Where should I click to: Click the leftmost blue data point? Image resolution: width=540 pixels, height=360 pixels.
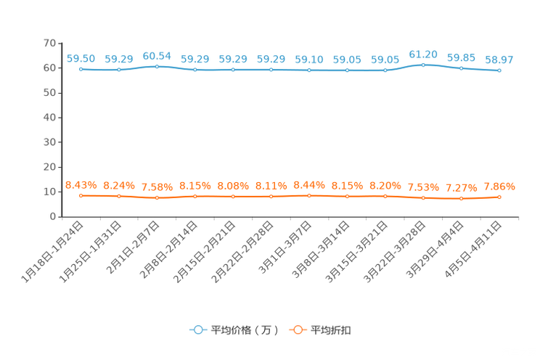coord(81,70)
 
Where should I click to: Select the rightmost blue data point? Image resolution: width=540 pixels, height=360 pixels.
coord(499,70)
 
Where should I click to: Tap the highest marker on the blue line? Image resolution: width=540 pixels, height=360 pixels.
coord(423,65)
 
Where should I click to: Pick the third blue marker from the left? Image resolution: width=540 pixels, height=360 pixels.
coord(157,67)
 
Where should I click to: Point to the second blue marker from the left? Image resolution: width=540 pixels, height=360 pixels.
coord(118,70)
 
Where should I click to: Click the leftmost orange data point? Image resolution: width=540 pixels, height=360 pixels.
coord(81,196)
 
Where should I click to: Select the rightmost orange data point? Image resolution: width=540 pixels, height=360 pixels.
coord(499,197)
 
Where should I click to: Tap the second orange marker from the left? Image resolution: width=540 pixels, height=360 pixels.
coord(118,196)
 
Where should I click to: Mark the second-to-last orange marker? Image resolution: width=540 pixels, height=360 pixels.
coord(461,198)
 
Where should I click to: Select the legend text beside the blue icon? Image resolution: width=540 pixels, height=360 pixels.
coord(245,330)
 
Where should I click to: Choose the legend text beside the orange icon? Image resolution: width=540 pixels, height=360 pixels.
coord(332,330)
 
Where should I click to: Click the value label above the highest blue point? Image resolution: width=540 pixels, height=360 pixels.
coord(423,54)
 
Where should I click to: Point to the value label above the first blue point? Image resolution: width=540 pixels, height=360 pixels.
coord(81,59)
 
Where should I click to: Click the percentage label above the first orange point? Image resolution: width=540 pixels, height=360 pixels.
coord(81,186)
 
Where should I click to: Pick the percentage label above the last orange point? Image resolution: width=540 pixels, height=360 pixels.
coord(499,187)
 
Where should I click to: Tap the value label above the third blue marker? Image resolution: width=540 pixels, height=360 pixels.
coord(157,56)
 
